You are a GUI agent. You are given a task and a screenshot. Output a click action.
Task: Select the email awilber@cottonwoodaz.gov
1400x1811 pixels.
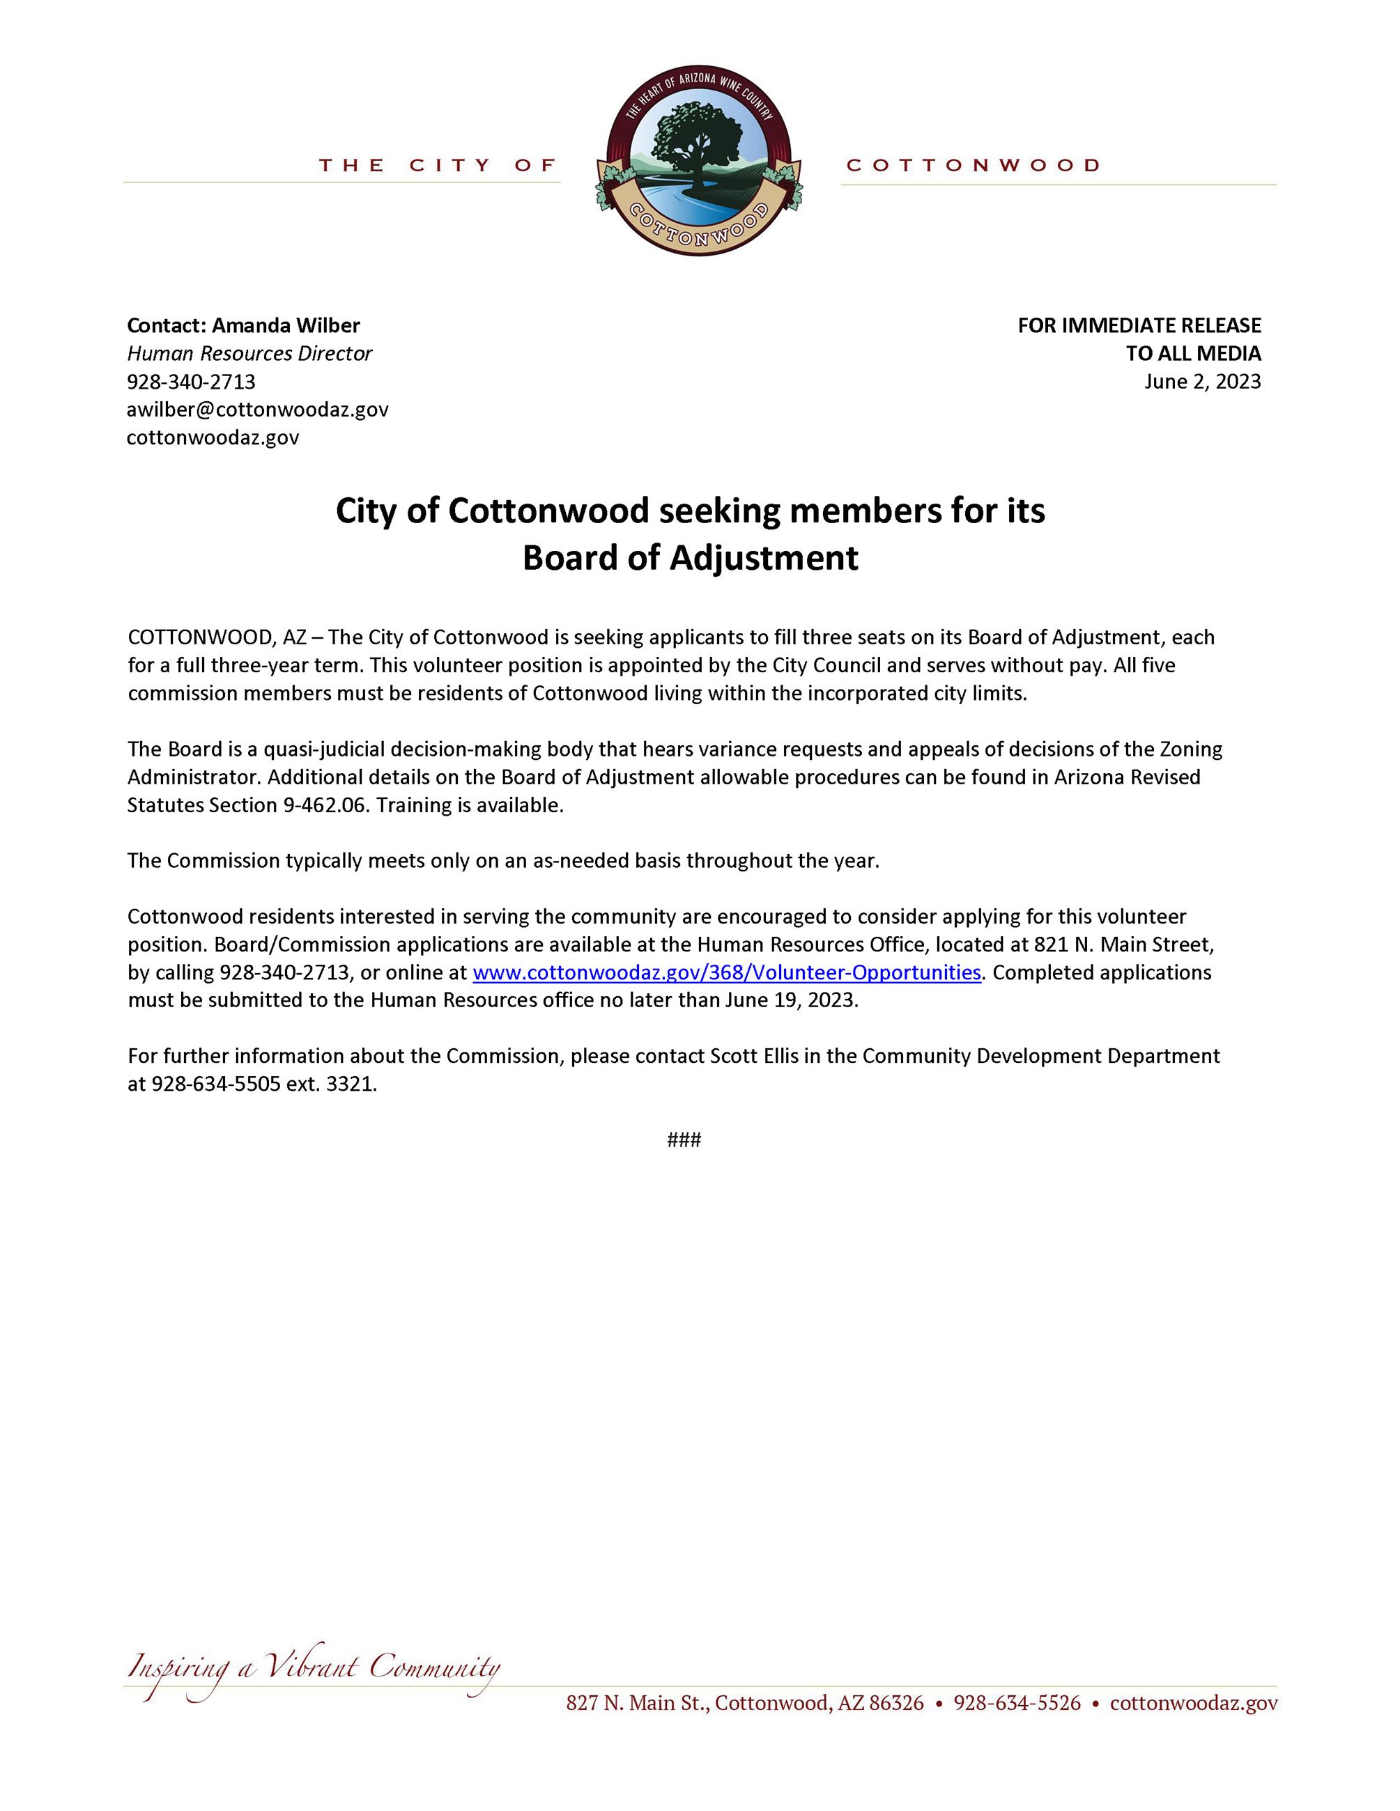(x=257, y=409)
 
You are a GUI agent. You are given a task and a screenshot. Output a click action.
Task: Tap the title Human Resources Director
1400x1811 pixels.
(x=249, y=353)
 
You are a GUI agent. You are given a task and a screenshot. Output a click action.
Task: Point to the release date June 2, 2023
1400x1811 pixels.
(x=1202, y=382)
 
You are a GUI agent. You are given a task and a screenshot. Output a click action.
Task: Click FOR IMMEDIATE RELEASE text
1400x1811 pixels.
(x=1139, y=325)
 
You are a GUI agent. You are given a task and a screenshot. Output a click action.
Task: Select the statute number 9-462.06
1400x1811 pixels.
(x=318, y=805)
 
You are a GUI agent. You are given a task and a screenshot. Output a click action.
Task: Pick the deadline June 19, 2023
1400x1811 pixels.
(x=790, y=1000)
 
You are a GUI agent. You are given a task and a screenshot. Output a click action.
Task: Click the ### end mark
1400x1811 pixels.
(x=684, y=1140)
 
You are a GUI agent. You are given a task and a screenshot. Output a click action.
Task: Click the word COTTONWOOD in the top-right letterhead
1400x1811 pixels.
(x=973, y=166)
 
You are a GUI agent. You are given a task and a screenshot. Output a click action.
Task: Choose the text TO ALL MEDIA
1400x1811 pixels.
(x=1192, y=353)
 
